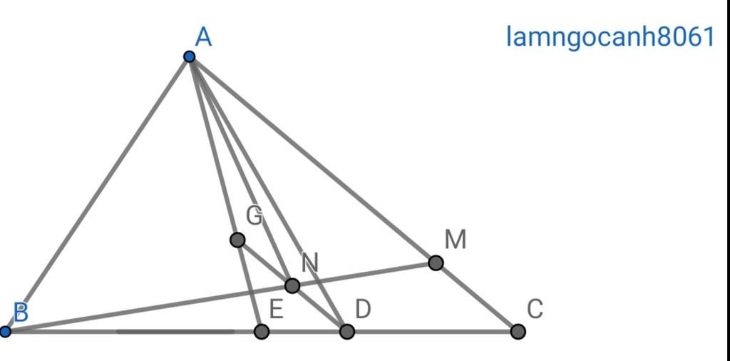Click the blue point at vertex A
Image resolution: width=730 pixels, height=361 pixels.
[189, 57]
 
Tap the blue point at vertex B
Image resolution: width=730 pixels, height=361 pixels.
[5, 332]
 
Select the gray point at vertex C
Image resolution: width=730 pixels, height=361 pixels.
[518, 332]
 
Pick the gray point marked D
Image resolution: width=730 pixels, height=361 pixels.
[347, 332]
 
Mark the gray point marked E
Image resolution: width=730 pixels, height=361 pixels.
[262, 332]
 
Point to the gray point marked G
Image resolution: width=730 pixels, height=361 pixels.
[237, 240]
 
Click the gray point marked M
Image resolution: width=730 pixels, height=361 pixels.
[436, 263]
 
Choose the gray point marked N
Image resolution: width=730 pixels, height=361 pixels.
[292, 285]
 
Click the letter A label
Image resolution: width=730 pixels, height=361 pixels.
[203, 37]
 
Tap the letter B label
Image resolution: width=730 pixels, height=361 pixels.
[21, 312]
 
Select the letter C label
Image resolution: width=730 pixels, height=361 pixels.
[535, 309]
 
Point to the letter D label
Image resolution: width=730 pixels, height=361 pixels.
[363, 309]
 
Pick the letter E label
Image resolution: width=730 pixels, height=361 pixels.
[276, 309]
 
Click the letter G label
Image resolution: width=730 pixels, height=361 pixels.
[255, 215]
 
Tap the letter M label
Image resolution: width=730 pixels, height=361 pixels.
[456, 240]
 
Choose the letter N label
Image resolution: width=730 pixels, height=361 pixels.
[309, 263]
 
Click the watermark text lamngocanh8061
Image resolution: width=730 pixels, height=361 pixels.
[610, 36]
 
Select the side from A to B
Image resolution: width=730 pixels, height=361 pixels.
[97, 194]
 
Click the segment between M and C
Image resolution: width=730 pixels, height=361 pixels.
[477, 298]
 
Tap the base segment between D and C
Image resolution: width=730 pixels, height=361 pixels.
[433, 332]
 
